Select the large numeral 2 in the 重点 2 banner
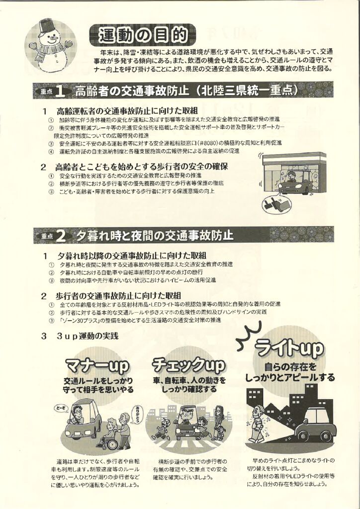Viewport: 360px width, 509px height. tap(60, 236)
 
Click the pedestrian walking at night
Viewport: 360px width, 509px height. tap(257, 423)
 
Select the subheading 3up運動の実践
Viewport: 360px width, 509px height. tap(87, 336)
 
